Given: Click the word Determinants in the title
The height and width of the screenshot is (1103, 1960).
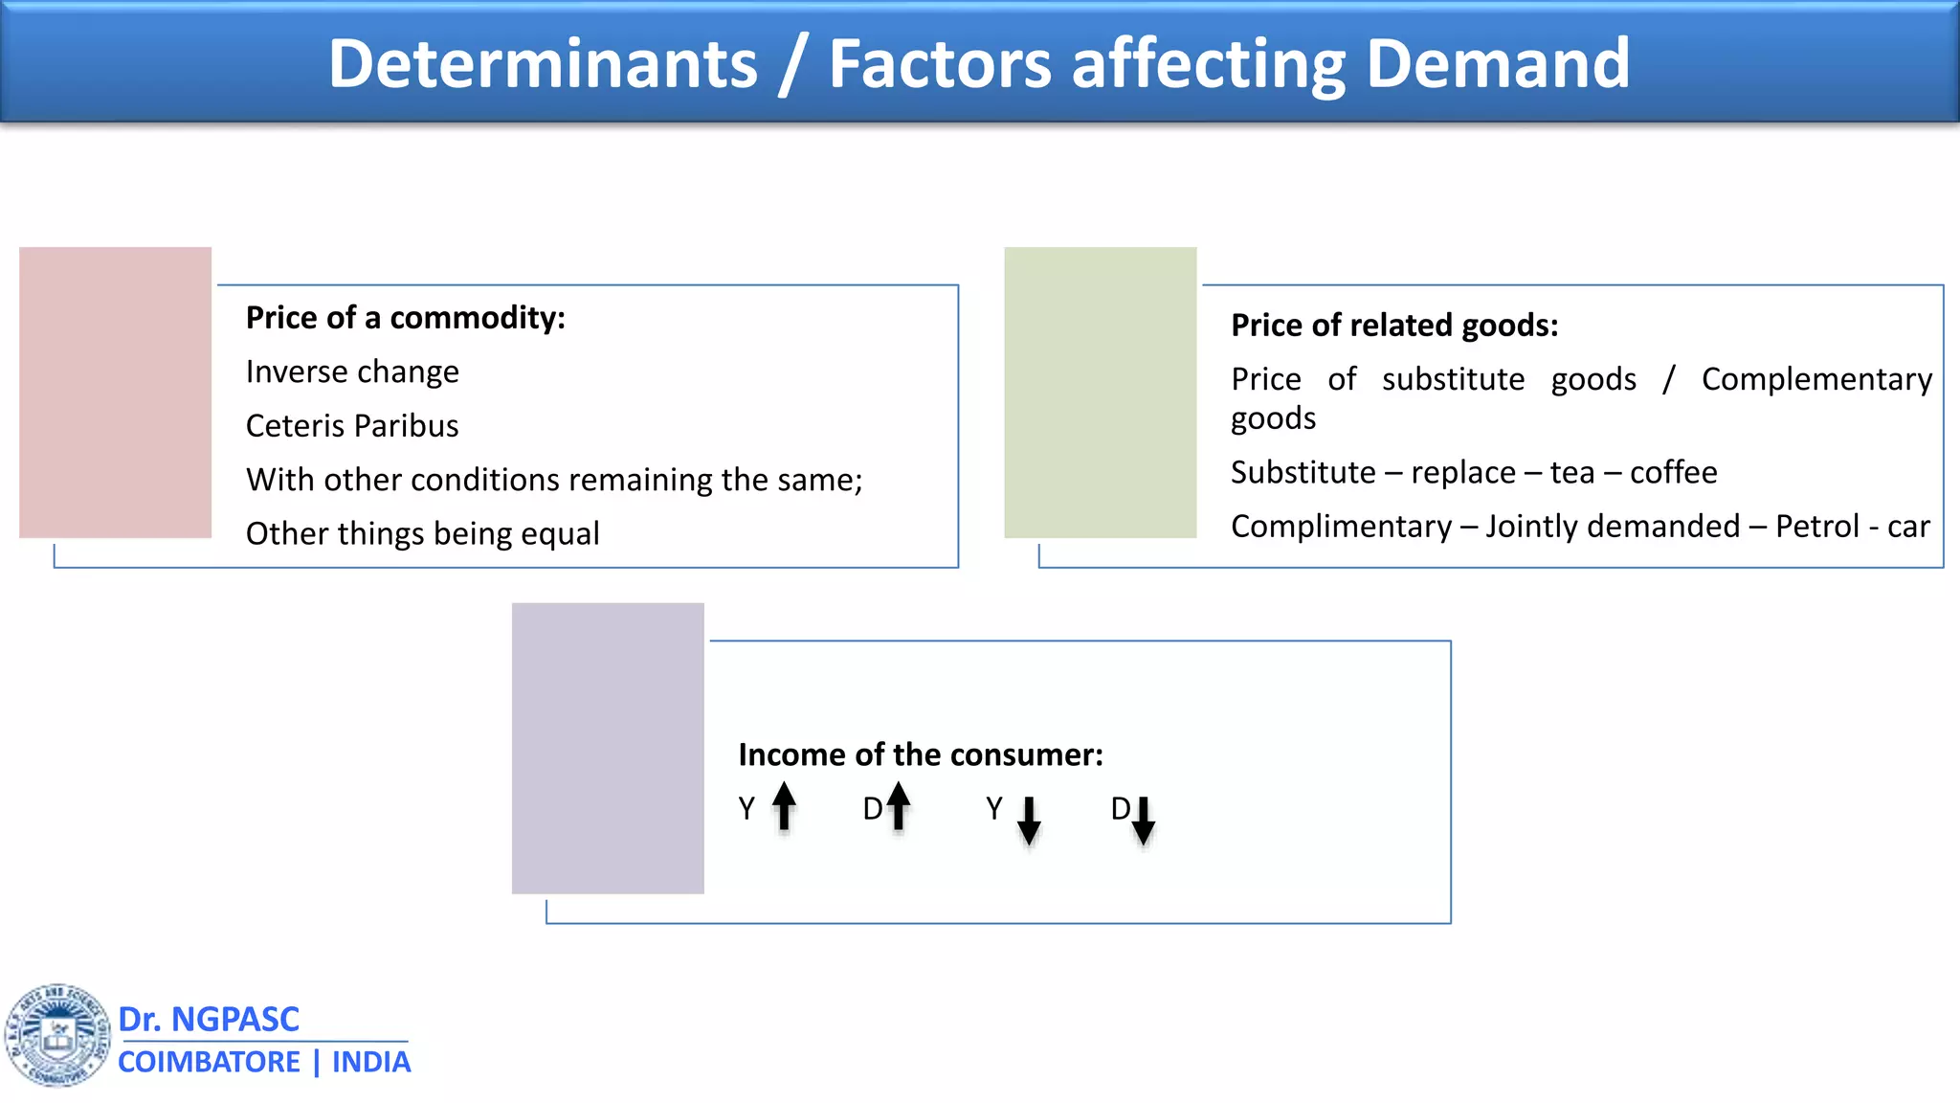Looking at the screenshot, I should pos(543,64).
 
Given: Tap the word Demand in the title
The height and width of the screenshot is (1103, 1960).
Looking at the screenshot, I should pos(1498,64).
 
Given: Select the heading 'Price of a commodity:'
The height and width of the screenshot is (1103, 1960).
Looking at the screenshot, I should pos(405,318).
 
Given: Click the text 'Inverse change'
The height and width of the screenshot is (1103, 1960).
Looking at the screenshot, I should pos(352,371).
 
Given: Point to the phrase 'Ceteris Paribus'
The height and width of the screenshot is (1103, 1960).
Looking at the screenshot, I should pos(352,426).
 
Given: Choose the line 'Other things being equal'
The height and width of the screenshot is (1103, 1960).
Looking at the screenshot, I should pos(422,533).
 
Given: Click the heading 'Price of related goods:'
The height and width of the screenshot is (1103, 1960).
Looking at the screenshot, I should pos(1394,326).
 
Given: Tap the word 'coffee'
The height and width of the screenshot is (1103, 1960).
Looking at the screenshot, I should pos(1673,472).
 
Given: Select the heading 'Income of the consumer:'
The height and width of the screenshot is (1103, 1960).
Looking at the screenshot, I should pos(921,755).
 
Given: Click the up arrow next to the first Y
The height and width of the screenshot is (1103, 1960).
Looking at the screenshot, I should pos(784,805).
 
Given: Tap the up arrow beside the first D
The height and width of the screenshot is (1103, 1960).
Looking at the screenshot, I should pos(898,805).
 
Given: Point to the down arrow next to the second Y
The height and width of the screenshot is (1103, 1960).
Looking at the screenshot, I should pos(1029,821).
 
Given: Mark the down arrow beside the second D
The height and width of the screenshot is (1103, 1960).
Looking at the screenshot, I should pos(1143,821).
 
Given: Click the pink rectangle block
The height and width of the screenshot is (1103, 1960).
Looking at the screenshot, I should pos(115,393).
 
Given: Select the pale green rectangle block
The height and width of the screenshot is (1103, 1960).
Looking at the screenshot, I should pos(1100,393).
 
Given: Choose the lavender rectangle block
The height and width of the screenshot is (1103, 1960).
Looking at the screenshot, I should pos(608,748).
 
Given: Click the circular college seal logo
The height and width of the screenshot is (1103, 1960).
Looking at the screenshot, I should pos(57,1035).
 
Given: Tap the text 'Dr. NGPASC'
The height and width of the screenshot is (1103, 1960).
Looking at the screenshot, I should pos(209,1020).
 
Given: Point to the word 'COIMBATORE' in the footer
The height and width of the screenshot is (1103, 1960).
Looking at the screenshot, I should pos(209,1063).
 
